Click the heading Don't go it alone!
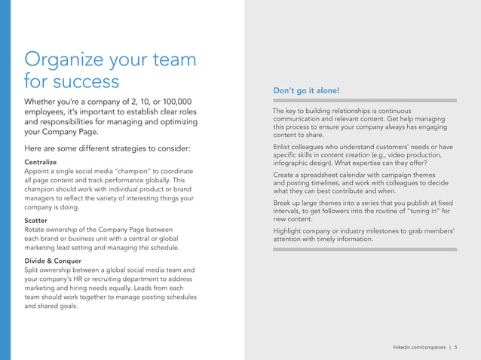[x=306, y=91]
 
